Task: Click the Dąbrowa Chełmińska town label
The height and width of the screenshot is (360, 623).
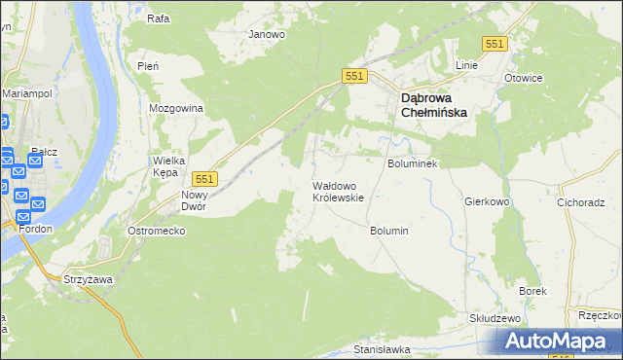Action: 433,105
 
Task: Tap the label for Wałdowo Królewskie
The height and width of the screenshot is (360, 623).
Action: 338,191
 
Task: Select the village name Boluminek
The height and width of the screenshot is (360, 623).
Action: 415,164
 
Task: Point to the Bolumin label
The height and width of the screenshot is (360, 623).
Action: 388,231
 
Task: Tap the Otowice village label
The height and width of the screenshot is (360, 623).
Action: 524,78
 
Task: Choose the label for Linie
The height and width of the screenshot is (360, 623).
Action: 467,65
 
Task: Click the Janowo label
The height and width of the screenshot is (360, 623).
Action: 267,34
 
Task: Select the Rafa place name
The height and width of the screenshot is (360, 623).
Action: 158,18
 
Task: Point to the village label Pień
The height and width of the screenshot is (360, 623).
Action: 148,65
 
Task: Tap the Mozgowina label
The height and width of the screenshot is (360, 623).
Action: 175,108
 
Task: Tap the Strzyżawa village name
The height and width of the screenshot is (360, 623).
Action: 85,279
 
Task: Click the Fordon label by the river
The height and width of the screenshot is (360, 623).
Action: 34,228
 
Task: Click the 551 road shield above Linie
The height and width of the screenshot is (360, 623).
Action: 495,44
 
